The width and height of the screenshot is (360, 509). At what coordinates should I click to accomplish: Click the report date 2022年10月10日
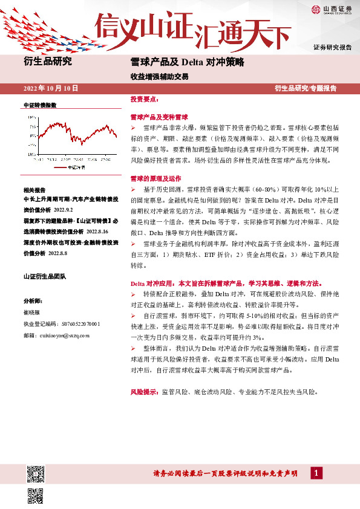click(x=51, y=88)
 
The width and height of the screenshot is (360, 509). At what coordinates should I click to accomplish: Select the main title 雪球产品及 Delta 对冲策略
click(x=187, y=62)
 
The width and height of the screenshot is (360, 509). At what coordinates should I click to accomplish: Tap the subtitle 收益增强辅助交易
click(x=159, y=77)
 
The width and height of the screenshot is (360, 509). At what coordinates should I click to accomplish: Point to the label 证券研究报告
click(x=332, y=47)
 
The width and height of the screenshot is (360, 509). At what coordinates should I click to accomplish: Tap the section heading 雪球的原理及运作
click(x=155, y=179)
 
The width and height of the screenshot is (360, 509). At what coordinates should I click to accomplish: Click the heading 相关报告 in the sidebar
click(x=34, y=189)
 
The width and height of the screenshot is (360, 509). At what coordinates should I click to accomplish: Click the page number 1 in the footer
click(x=315, y=473)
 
